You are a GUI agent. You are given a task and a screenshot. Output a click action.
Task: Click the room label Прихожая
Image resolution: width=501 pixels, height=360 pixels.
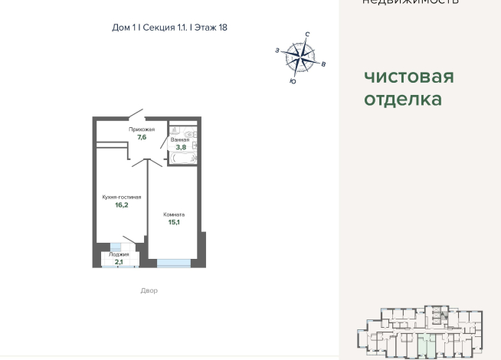[x=142, y=129]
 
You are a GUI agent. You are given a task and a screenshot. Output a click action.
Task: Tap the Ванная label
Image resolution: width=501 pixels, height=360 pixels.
[x=180, y=139]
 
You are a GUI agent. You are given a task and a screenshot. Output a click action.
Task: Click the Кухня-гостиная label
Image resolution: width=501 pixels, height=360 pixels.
[x=122, y=197]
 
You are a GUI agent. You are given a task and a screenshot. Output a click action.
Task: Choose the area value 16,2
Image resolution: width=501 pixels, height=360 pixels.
[x=122, y=205]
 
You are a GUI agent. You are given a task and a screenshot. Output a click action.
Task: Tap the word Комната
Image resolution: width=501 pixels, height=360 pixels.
[x=174, y=214]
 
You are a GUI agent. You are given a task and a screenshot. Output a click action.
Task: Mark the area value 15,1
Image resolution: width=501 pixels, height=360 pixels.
[x=174, y=222]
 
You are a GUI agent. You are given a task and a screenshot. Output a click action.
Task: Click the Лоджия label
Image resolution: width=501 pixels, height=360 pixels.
[x=119, y=254]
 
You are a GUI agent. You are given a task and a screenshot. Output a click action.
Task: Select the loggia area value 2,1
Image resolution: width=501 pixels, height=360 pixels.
[x=119, y=261]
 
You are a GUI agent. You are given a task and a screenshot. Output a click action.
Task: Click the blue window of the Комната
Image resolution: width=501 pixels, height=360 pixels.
[x=174, y=263]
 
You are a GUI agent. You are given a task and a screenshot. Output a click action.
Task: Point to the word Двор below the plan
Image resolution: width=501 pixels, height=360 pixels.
[x=149, y=290]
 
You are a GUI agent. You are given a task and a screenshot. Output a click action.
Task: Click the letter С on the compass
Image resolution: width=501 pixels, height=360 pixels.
[x=307, y=34]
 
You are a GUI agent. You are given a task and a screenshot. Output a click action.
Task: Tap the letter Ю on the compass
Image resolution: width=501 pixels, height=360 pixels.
[x=293, y=80]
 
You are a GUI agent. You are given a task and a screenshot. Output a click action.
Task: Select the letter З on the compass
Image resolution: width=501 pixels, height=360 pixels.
[x=277, y=50]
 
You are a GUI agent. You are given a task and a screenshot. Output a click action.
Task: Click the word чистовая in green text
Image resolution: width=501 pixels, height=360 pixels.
[x=409, y=77]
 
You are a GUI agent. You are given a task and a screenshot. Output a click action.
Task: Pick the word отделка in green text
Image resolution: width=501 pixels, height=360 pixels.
[x=403, y=99]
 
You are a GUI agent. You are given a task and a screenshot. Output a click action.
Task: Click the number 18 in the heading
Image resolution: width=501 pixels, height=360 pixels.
[x=222, y=27]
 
